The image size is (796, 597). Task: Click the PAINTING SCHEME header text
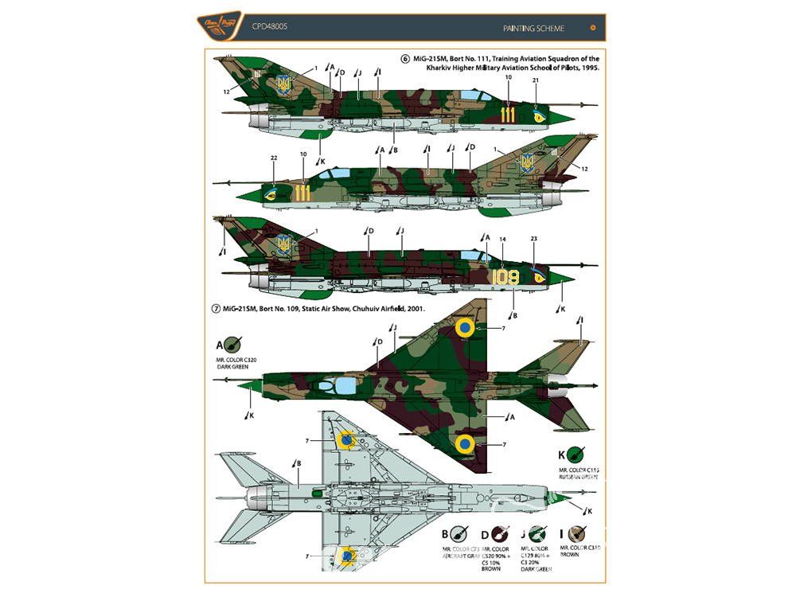coord(533,28)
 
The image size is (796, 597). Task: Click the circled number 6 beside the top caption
coord(404,59)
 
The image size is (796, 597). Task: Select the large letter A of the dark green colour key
coord(219,345)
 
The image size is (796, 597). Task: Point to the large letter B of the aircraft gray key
coord(446,534)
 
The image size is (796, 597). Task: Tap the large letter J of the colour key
coord(524,534)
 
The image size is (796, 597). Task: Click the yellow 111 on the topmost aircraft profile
coord(508,115)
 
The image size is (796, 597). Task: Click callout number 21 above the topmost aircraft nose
coord(536,80)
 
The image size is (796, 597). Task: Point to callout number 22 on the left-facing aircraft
coord(274,158)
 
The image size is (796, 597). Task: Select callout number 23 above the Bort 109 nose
coord(533,239)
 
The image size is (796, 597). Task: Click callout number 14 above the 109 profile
coord(502,239)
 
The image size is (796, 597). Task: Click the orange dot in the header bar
coord(593,28)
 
